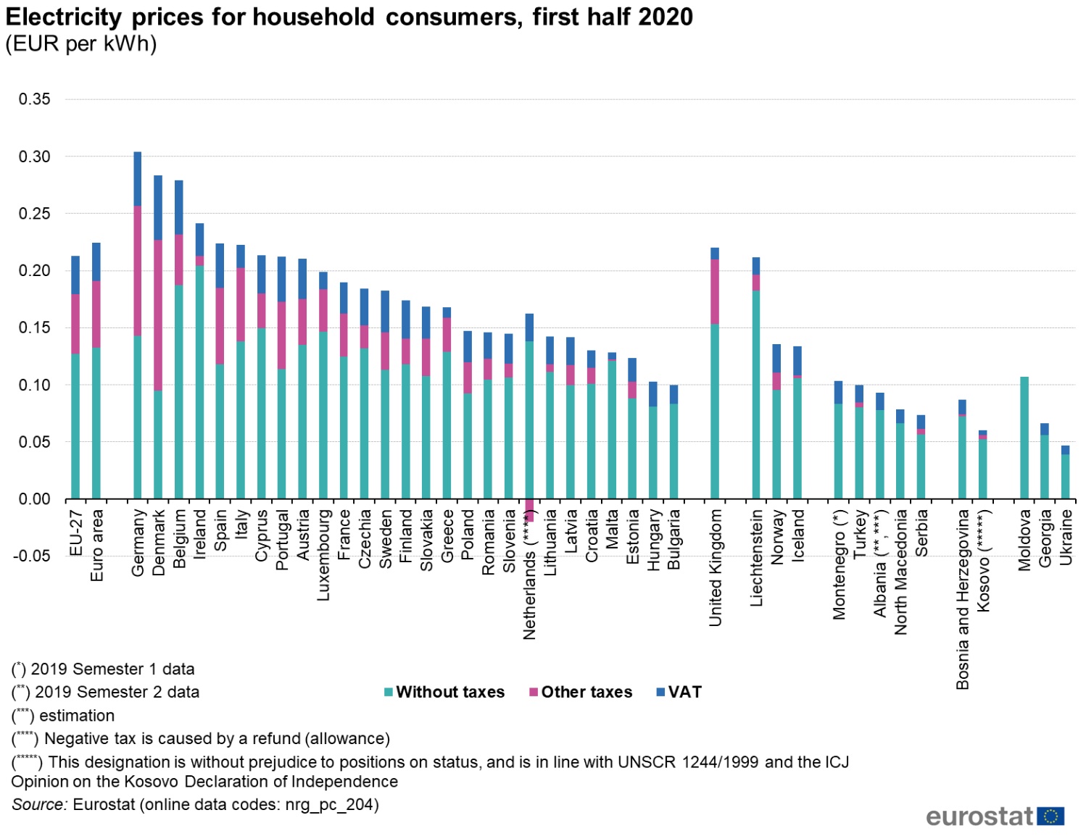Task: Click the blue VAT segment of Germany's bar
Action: [138, 179]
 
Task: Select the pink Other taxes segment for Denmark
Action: [158, 315]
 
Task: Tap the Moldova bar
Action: [1024, 438]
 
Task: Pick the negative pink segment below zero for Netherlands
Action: [529, 511]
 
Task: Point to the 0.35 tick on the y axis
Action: [35, 99]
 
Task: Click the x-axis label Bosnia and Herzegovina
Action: [962, 598]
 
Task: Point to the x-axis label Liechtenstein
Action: [756, 557]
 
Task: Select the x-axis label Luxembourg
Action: [323, 555]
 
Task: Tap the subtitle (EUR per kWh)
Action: [81, 43]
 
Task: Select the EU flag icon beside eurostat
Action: [1050, 817]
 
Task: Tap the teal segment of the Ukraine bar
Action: [1065, 477]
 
